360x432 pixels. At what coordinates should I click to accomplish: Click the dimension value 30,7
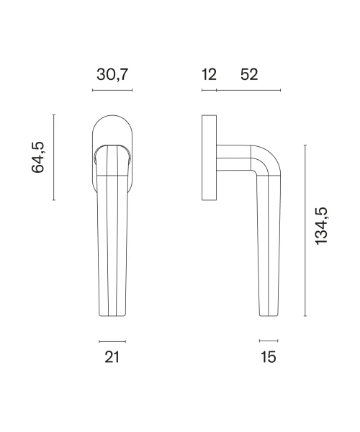(x=112, y=75)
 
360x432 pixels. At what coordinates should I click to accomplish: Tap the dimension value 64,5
(x=37, y=157)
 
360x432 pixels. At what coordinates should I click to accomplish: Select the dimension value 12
(x=209, y=75)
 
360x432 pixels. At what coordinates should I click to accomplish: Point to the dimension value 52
(x=249, y=75)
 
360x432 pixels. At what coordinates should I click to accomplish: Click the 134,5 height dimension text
(x=321, y=226)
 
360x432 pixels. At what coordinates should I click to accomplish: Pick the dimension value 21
(x=112, y=357)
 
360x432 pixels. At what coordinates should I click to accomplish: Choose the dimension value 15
(x=269, y=357)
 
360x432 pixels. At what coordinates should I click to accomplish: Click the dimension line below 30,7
(x=112, y=90)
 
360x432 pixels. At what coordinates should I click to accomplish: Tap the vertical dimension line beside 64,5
(x=54, y=157)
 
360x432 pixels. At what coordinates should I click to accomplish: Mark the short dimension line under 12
(x=209, y=90)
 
